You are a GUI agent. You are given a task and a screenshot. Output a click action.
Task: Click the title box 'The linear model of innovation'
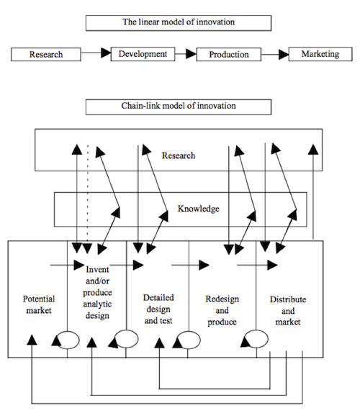tap(179, 23)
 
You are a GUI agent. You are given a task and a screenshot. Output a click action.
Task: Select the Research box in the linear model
tap(46, 55)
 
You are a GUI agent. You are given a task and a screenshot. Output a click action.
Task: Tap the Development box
tap(143, 54)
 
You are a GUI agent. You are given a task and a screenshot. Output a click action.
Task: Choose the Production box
tap(229, 55)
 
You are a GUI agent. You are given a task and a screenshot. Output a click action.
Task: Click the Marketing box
tap(320, 54)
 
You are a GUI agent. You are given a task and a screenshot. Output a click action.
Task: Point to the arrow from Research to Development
tap(96, 53)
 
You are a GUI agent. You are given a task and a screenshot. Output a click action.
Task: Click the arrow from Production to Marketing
tap(275, 55)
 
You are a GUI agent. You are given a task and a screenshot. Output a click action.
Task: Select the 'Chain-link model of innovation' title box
tap(179, 107)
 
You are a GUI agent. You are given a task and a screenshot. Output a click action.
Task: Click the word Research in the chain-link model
tap(179, 155)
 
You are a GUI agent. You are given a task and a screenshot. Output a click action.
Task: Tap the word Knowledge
tap(198, 209)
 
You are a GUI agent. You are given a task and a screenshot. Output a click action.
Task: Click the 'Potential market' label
tap(39, 304)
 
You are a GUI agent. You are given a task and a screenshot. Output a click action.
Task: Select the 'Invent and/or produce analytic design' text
tap(97, 292)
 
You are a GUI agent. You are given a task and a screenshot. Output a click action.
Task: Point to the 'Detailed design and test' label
tap(158, 309)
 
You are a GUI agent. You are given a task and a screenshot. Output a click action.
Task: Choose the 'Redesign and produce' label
tap(222, 310)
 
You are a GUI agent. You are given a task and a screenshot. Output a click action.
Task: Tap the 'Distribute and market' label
tap(288, 310)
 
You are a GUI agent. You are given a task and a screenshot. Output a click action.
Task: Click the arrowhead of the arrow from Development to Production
tap(191, 54)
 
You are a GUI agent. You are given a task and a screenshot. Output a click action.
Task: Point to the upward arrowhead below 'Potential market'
tap(32, 340)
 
